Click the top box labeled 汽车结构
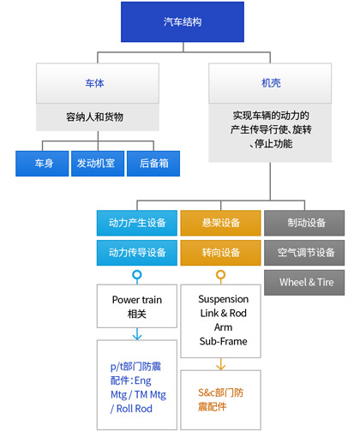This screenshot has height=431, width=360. pyautogui.click(x=183, y=21)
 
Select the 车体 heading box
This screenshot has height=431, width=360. pyautogui.click(x=98, y=83)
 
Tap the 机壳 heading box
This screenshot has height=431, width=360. pyautogui.click(x=270, y=83)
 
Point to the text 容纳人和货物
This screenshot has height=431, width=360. pyautogui.click(x=94, y=117)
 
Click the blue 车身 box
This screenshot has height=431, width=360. pyautogui.click(x=42, y=164)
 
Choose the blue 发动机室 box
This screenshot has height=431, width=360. pyautogui.click(x=98, y=164)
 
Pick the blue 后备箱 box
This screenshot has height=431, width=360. pyautogui.click(x=153, y=164)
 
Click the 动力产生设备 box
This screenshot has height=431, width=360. pyautogui.click(x=137, y=223)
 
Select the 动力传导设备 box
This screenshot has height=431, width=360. pyautogui.click(x=137, y=253)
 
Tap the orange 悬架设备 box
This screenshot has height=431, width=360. pyautogui.click(x=220, y=223)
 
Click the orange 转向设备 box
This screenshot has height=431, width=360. pyautogui.click(x=220, y=253)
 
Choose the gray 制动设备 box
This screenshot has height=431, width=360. pyautogui.click(x=304, y=223)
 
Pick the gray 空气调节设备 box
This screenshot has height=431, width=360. pyautogui.click(x=304, y=253)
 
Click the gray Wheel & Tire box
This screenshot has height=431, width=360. pyautogui.click(x=304, y=283)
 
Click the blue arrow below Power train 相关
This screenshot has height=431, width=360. pyautogui.click(x=137, y=334)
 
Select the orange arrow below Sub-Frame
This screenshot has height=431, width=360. pyautogui.click(x=220, y=364)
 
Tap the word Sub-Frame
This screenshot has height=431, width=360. pyautogui.click(x=223, y=341)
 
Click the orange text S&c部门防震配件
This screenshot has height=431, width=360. pyautogui.click(x=220, y=399)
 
